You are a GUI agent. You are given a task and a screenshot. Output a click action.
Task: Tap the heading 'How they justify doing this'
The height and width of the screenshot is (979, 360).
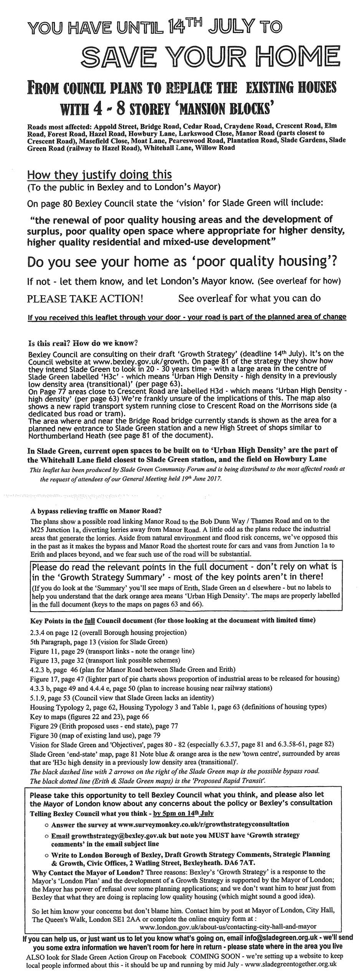coord(99,175)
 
